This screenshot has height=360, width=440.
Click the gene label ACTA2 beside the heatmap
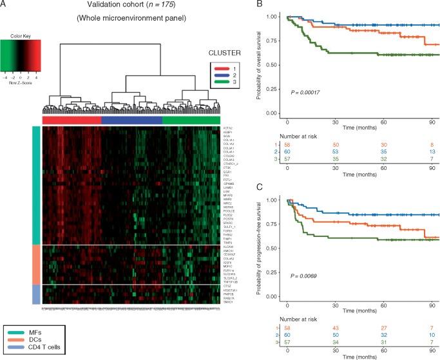pos(210,128)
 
